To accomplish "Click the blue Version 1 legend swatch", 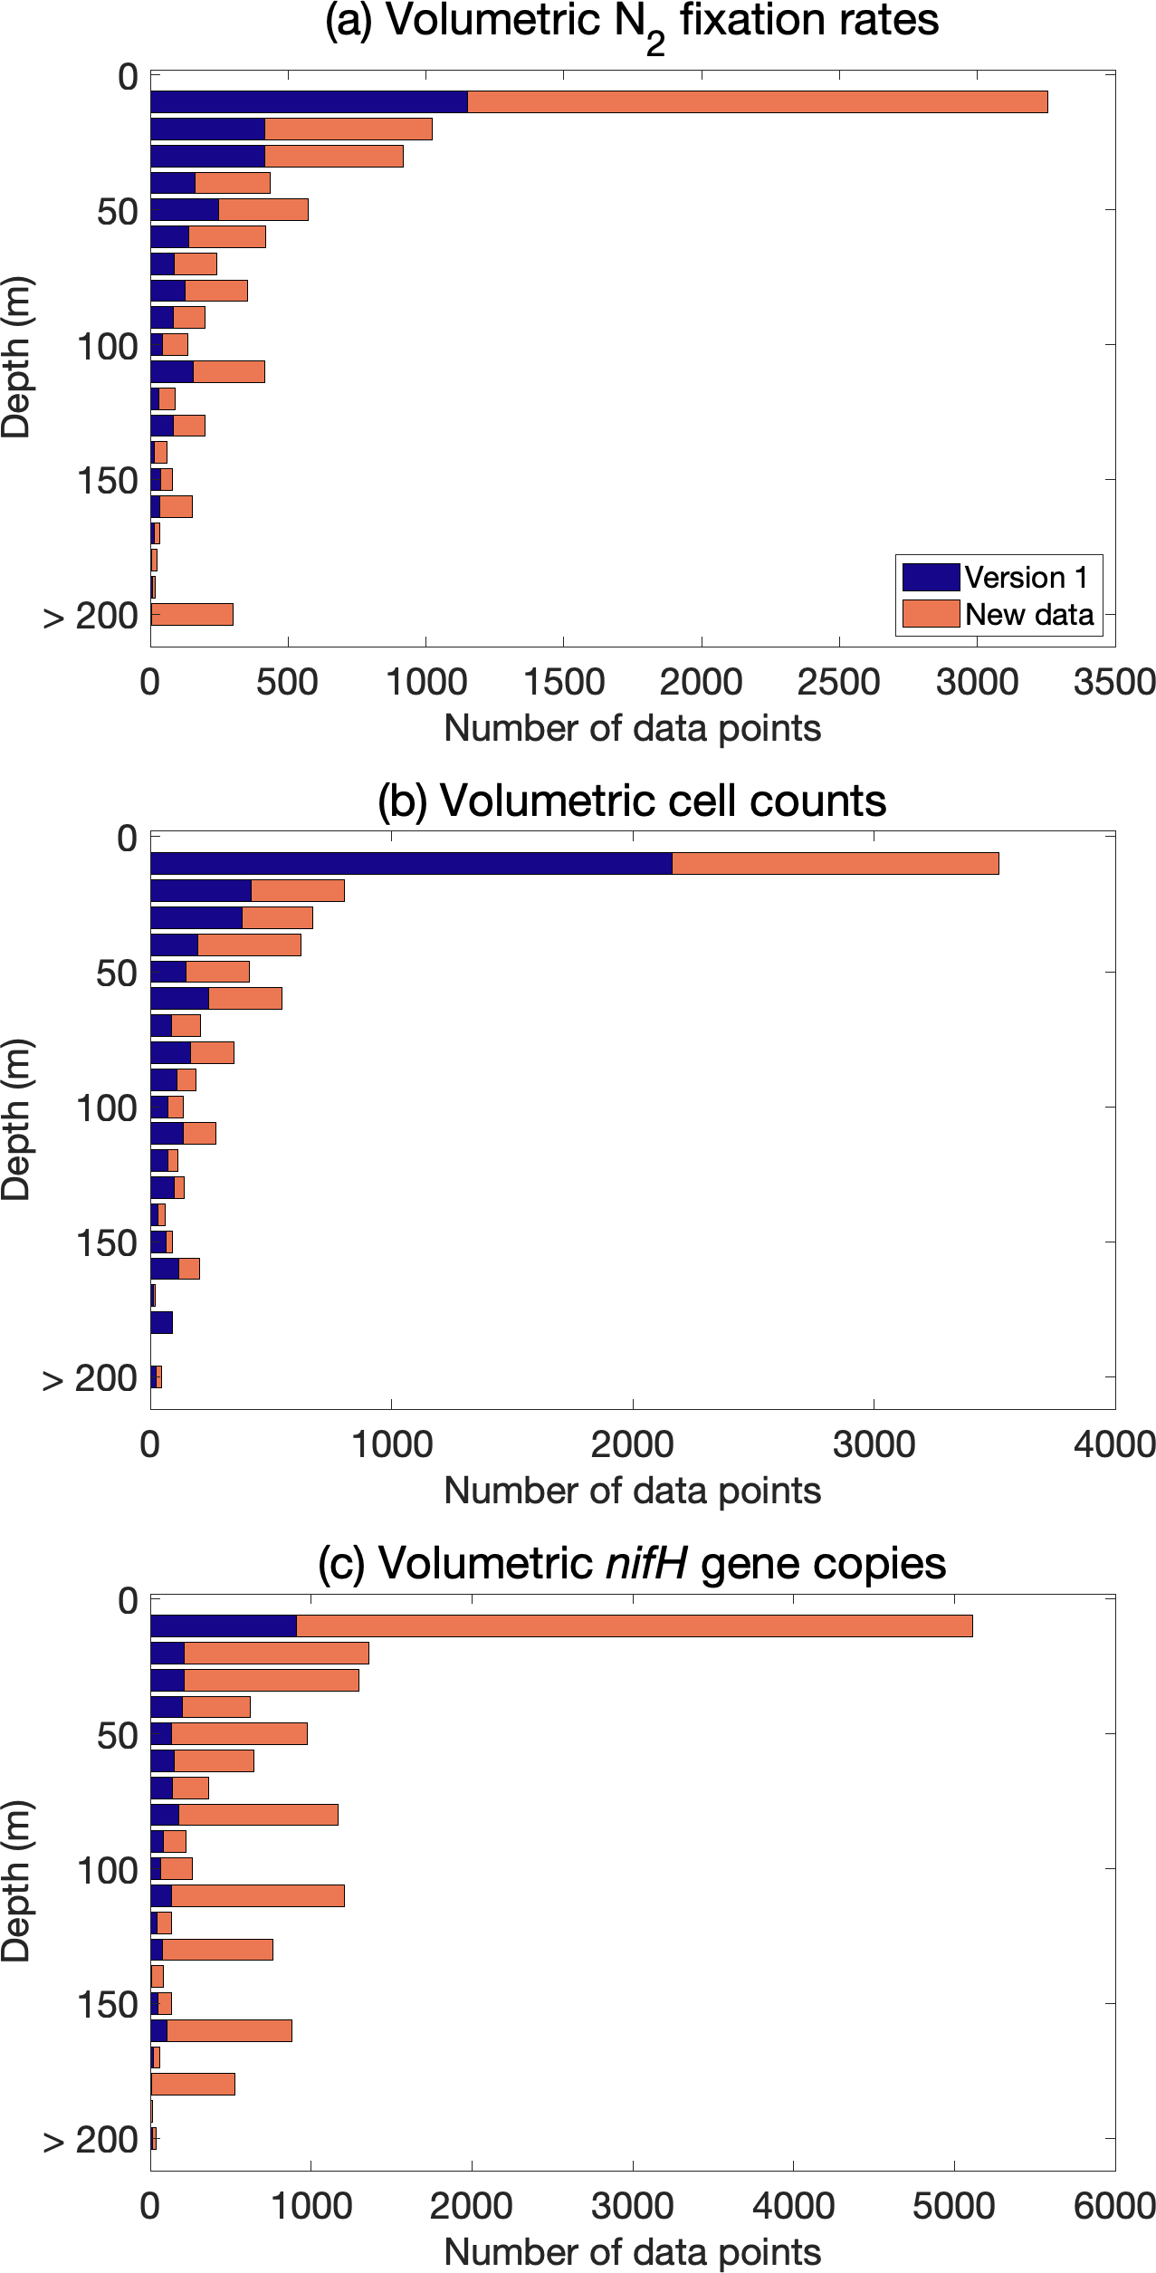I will [931, 577].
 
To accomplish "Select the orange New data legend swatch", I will [931, 613].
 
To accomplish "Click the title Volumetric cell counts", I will [632, 801].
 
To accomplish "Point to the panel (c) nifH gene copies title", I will [632, 1563].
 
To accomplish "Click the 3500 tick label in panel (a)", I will [1114, 682].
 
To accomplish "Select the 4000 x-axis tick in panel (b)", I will [1114, 1444].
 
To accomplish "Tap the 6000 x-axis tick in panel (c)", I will [1114, 2207].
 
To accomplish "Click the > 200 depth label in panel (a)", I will [91, 616].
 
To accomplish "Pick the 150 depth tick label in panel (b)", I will [107, 1243].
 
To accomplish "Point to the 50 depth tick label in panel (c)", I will [118, 1736].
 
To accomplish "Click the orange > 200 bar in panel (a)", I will [192, 614].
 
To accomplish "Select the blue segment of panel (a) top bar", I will [309, 101].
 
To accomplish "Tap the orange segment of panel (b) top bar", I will [835, 863].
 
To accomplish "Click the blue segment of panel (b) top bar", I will [411, 863].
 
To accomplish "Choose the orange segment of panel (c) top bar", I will [634, 1626].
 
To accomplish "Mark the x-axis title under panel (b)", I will [632, 1491].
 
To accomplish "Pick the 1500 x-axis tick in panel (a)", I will [564, 682].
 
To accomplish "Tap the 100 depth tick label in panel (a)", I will [107, 347].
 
